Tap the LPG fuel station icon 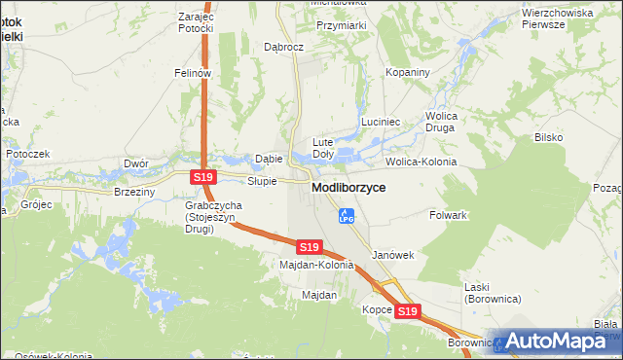coord(345,216)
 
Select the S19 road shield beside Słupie coord(202,177)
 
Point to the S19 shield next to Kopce coord(408,311)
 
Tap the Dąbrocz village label coord(284,47)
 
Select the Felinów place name coord(193,73)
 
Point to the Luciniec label coord(381,122)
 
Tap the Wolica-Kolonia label coord(421,162)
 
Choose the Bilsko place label coord(548,137)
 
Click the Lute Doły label coord(322,148)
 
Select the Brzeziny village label coord(134,193)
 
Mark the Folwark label coord(450,214)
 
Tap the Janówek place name coord(393,255)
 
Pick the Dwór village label coord(134,163)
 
